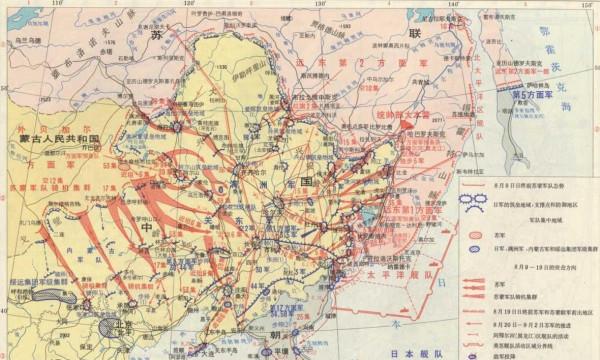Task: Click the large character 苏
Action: (x=156, y=34)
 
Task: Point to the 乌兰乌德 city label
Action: (x=30, y=39)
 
